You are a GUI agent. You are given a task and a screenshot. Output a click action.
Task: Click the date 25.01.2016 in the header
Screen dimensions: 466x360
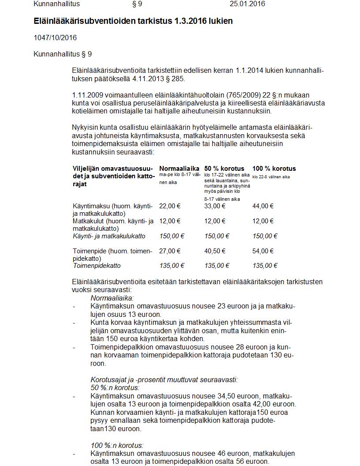point(247,4)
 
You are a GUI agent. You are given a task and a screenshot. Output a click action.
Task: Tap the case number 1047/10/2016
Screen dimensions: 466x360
point(55,38)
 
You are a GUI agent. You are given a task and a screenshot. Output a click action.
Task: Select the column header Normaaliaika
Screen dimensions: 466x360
point(179,169)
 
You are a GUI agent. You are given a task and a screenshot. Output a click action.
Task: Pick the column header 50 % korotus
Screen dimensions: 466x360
point(224,169)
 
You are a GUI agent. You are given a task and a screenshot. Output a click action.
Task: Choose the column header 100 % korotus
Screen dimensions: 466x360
point(274,169)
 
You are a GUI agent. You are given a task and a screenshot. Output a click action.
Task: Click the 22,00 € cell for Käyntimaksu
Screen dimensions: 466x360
point(170,206)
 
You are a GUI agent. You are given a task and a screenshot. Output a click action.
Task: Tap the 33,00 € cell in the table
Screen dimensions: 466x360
point(215,206)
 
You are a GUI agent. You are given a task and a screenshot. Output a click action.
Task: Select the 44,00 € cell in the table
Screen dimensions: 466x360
point(263,206)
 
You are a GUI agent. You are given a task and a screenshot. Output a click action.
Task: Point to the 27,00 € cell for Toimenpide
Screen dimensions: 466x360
point(170,251)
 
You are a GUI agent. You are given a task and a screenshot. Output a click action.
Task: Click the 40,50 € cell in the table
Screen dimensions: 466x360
point(215,251)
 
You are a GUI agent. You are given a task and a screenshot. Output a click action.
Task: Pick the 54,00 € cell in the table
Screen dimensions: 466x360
point(263,251)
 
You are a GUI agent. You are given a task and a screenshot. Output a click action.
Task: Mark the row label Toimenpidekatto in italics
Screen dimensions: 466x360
point(97,266)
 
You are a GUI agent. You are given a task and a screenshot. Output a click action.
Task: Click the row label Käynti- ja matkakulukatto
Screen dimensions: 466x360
point(109,236)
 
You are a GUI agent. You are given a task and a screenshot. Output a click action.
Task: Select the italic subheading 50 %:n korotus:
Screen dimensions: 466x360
point(115,387)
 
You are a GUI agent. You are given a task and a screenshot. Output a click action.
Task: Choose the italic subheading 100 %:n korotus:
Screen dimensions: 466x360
point(117,445)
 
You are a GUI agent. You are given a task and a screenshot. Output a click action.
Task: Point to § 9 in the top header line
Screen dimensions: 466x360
point(137,4)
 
